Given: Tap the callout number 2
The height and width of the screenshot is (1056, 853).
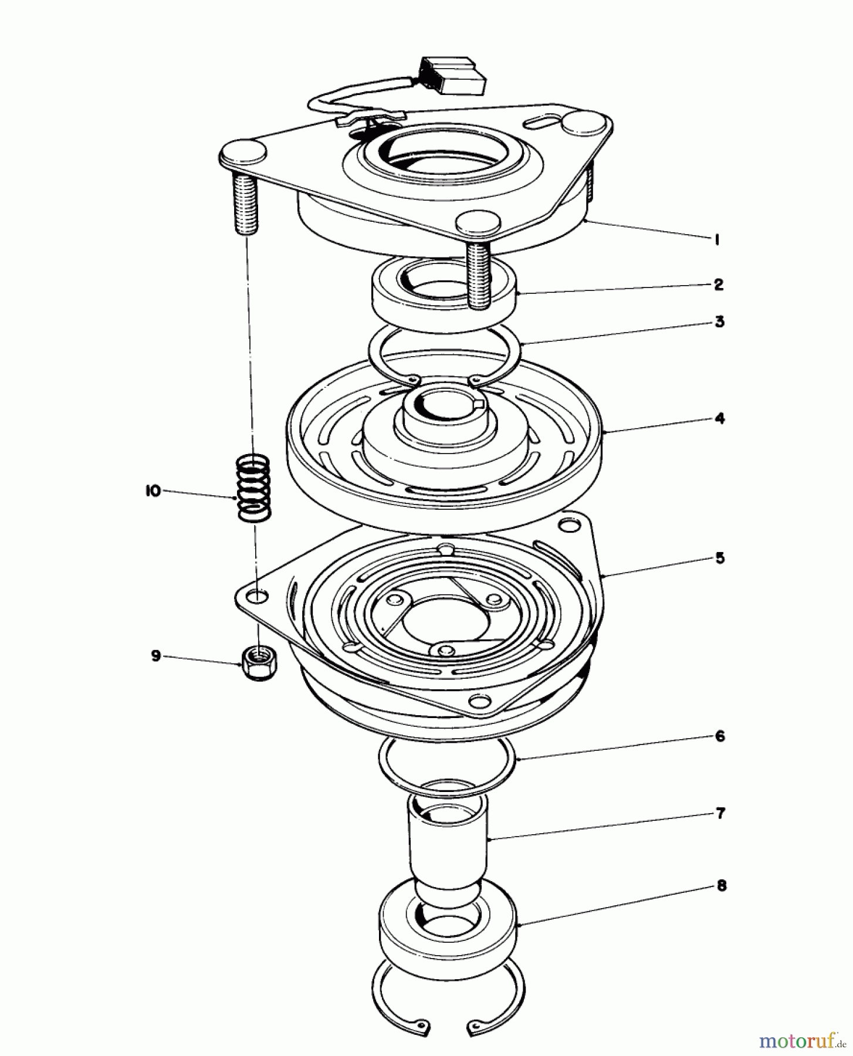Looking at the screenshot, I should (719, 285).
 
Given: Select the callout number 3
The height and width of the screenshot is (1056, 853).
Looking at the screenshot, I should (720, 321).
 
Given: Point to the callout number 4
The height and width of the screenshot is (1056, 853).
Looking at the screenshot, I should (720, 418).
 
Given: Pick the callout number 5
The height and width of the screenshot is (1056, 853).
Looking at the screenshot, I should (720, 557).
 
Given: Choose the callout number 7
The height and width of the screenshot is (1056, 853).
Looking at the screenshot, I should (720, 813).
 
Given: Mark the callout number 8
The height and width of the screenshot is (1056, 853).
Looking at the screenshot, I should (721, 885).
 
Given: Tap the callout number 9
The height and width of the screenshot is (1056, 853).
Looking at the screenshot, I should (155, 655).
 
